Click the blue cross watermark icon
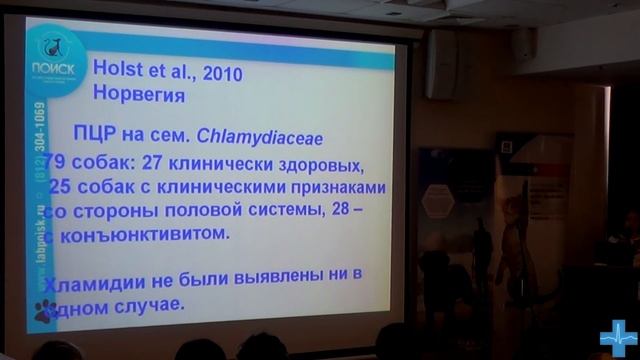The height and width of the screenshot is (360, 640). point(618,339)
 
